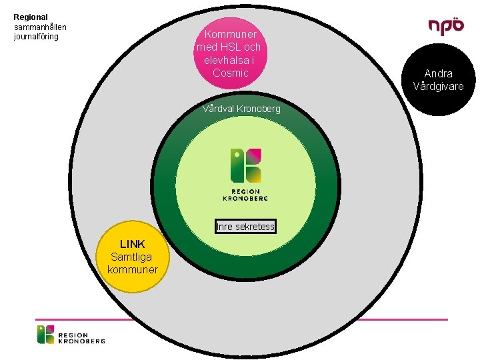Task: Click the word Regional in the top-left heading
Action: [31, 17]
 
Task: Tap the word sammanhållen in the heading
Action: [41, 27]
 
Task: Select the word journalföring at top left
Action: [36, 36]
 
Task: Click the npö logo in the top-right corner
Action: [446, 25]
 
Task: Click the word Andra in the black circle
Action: [438, 73]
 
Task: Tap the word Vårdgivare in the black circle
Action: [438, 86]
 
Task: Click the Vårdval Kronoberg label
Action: [241, 109]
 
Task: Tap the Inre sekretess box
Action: [245, 227]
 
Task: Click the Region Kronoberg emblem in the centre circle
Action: [245, 165]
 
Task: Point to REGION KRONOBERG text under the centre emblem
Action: [245, 195]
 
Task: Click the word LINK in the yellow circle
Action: [132, 244]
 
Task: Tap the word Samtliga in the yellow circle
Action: [131, 257]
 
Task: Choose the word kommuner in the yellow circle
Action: [132, 269]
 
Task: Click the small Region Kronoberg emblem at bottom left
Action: [45, 334]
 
